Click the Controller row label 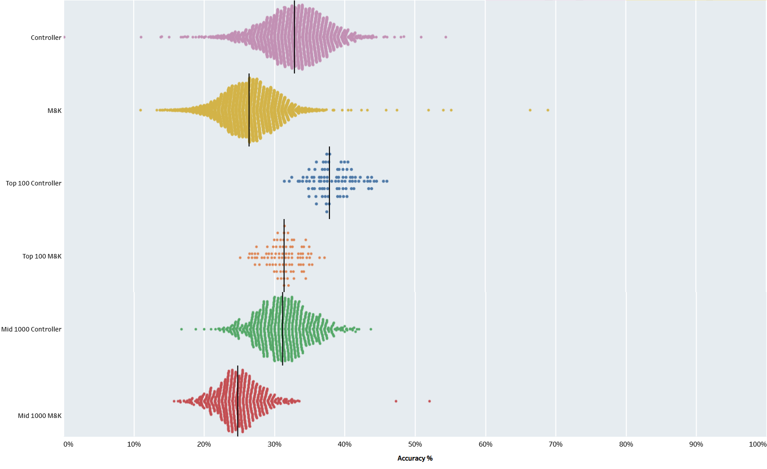[46, 38]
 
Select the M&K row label [54, 111]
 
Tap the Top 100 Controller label [34, 183]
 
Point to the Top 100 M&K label [42, 256]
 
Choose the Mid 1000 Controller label [31, 329]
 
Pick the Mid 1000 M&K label [39, 416]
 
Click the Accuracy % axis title [415, 458]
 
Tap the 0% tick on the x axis [68, 444]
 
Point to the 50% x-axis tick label [415, 444]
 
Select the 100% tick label [757, 444]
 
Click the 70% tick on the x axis [555, 444]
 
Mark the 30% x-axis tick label [274, 444]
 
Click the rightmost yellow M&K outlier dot [548, 110]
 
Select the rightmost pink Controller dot [446, 37]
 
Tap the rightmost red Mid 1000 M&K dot [429, 401]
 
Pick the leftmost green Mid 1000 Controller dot [182, 329]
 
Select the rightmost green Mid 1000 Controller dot [371, 329]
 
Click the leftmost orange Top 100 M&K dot [240, 258]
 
